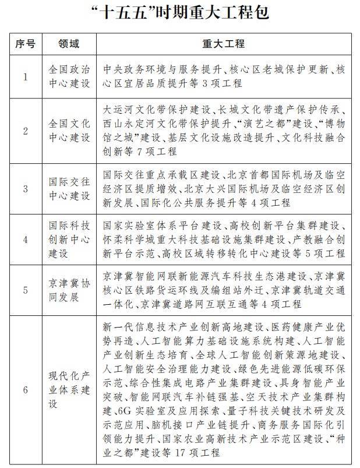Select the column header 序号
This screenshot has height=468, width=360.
26,44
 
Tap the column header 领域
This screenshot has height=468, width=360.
69,44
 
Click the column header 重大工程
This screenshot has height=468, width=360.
224,44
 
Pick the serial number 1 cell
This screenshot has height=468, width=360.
26,76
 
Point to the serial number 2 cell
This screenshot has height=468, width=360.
26,131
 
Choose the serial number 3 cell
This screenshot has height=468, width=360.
26,188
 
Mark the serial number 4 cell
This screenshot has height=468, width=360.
26,240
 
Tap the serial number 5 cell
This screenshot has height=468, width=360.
26,290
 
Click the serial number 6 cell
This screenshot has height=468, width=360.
26,390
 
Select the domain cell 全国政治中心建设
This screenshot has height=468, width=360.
69,76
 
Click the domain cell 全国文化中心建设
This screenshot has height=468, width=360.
69,131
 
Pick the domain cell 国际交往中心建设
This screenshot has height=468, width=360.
69,188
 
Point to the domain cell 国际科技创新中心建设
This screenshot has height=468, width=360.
69,240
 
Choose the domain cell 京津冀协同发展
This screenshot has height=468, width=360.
69,290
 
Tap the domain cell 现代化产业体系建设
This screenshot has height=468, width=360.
69,390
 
